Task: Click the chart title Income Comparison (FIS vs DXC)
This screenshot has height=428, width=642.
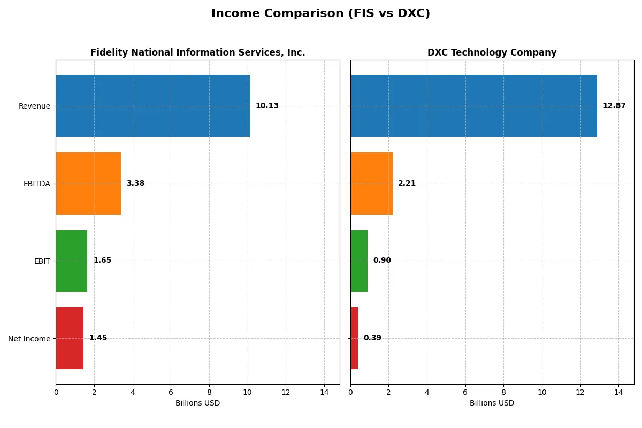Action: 320,14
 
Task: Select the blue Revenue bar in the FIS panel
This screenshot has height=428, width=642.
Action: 152,106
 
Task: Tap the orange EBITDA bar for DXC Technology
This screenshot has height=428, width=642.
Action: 371,184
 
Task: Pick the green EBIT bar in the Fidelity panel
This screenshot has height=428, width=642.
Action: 71,261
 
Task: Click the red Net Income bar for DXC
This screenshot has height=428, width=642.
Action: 354,338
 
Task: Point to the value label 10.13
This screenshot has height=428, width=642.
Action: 267,106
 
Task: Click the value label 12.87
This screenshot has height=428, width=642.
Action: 614,106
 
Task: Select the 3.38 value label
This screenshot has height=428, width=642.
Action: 135,184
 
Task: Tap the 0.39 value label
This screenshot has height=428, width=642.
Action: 372,338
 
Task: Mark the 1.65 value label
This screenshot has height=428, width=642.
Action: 102,261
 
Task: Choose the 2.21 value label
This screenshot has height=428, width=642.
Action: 407,184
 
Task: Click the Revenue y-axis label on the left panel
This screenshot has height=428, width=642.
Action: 34,106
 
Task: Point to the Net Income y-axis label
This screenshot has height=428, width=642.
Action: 29,339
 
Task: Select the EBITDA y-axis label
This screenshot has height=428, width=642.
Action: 37,184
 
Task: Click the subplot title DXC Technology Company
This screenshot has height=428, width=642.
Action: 492,53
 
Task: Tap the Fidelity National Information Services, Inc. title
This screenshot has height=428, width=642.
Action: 197,53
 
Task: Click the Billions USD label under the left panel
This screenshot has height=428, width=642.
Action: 197,403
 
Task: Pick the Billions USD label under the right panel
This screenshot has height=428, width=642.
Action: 492,403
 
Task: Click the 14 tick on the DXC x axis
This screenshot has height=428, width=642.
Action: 618,392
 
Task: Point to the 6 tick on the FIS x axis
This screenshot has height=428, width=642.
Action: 171,392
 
